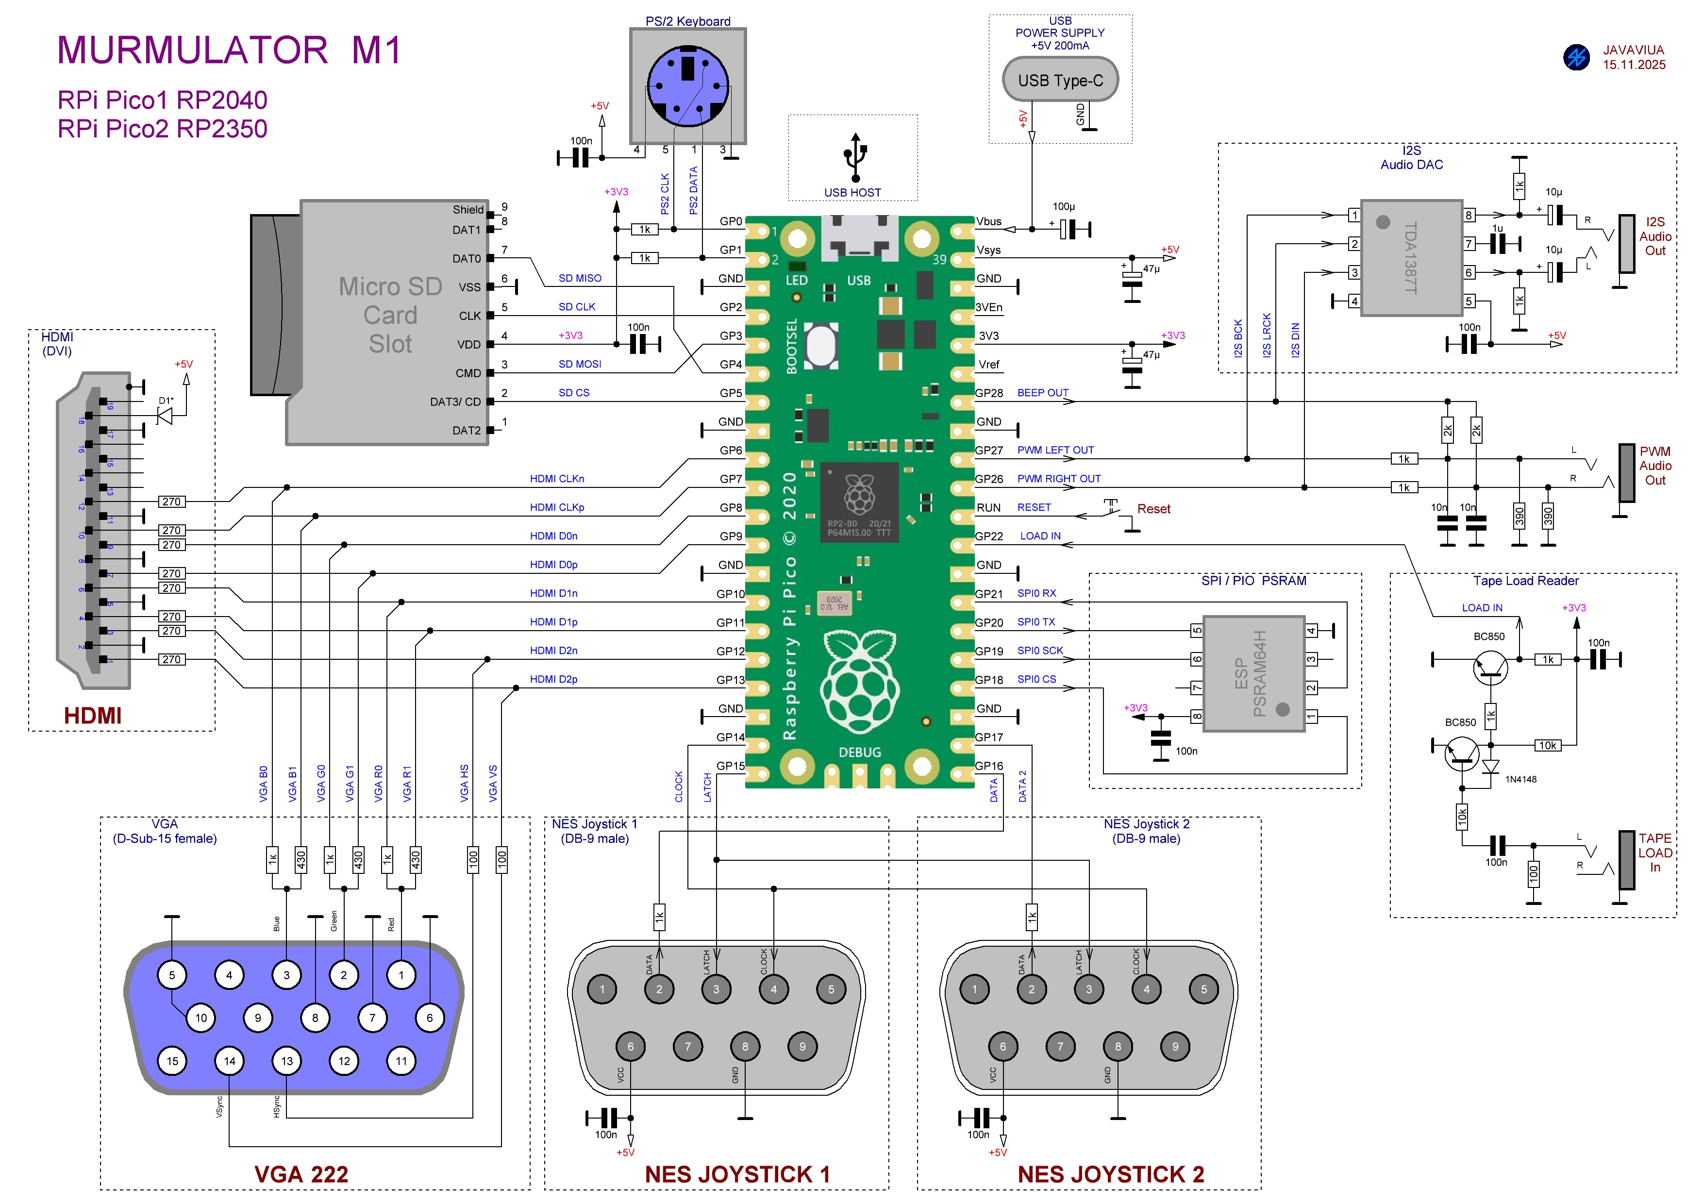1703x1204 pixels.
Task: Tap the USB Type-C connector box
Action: (1060, 80)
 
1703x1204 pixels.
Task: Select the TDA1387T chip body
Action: (1411, 257)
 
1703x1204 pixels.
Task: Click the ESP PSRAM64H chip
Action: (1253, 673)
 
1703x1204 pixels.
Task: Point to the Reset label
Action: (1153, 509)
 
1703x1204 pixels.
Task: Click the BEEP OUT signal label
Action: (1042, 392)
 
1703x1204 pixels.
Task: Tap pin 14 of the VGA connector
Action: (229, 1061)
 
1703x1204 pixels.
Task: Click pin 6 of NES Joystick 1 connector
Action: (631, 1047)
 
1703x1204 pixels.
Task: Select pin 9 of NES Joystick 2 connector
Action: (1175, 1047)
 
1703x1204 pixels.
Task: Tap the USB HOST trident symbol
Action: (855, 157)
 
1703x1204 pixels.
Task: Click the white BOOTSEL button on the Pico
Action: (820, 345)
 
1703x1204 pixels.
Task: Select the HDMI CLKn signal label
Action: (556, 479)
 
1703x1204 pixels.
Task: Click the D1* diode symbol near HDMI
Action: (165, 416)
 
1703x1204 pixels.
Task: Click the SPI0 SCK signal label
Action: (1040, 651)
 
